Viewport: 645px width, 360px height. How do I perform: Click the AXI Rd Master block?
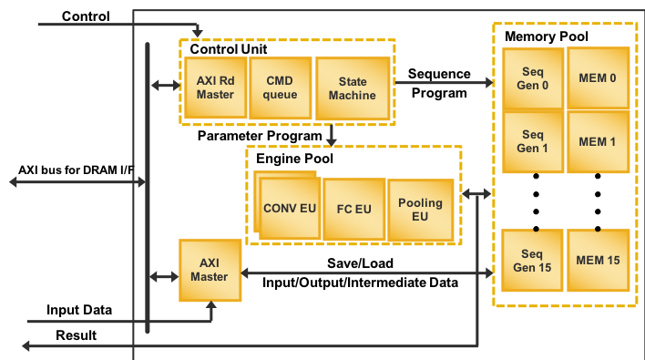pos(215,88)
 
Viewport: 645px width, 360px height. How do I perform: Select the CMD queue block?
pos(280,88)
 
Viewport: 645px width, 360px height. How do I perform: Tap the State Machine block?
pos(352,88)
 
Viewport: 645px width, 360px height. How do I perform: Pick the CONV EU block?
pos(290,209)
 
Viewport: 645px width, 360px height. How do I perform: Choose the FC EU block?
pos(354,209)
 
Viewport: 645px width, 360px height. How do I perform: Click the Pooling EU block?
pos(420,210)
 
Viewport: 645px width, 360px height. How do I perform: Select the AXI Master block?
pos(210,271)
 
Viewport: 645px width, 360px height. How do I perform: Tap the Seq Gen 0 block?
pos(533,79)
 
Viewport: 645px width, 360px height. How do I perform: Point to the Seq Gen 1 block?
pos(533,141)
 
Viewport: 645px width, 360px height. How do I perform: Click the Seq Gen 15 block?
pos(533,261)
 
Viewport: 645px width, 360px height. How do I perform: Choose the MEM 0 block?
pos(598,78)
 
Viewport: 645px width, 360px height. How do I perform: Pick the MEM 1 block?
pos(598,141)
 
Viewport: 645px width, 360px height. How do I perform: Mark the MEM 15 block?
pos(598,261)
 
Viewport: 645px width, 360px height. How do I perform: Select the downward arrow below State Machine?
pos(332,135)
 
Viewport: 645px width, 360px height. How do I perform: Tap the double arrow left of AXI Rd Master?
pos(166,86)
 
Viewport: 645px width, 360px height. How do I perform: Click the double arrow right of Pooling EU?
pos(475,193)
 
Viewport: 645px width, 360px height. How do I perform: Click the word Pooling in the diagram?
pos(420,203)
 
